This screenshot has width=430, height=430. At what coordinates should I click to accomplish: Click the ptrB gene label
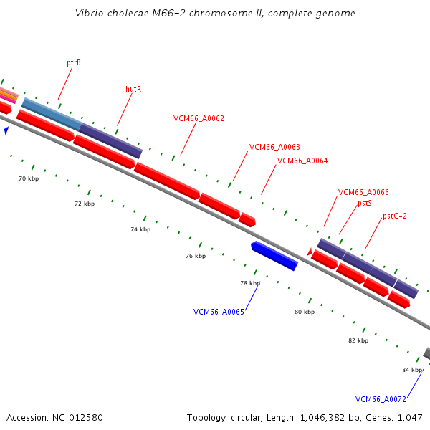point(74,63)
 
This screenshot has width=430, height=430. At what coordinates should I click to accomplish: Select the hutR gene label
point(133,89)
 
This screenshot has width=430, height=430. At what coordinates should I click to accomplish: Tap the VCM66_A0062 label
point(199,118)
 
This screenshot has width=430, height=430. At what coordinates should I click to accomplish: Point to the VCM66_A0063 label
point(274,147)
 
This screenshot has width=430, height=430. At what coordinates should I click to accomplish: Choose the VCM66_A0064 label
point(302,161)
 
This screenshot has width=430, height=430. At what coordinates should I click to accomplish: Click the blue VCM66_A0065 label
point(219,312)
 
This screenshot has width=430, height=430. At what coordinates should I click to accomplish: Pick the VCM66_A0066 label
point(363,192)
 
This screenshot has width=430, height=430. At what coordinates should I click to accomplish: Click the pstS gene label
point(365,204)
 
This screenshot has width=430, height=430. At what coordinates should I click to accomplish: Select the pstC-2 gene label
point(395,216)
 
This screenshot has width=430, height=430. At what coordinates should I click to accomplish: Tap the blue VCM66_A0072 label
point(381,399)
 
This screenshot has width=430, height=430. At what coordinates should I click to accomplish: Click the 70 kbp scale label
point(29,178)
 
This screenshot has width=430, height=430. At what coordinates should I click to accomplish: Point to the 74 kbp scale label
point(140,229)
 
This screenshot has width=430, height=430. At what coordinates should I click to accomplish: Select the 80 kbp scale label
point(305,312)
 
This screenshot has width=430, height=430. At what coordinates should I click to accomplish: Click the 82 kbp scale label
point(358,340)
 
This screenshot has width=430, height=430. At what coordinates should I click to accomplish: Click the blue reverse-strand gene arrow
point(274,256)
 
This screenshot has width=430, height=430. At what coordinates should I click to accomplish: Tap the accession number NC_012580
point(77,418)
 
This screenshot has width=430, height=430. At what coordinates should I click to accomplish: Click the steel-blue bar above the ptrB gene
point(52,114)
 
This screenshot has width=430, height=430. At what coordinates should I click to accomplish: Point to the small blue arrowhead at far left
point(6,130)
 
